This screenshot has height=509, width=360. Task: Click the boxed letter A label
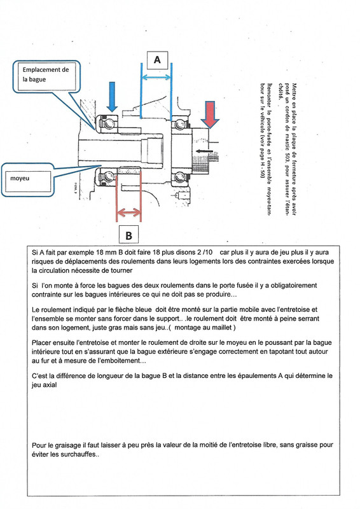pyautogui.click(x=157, y=60)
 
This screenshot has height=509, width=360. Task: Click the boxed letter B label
pyautogui.click(x=128, y=235)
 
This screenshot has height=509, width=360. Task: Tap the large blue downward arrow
pyautogui.click(x=112, y=97)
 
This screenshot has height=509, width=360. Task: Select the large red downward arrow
pyautogui.click(x=210, y=115)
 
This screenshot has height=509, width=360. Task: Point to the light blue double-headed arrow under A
pyautogui.click(x=156, y=77)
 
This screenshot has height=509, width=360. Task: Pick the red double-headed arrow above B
pyautogui.click(x=128, y=213)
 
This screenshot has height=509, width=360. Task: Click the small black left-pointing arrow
pyautogui.click(x=204, y=151)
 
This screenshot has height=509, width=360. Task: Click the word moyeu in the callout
pyautogui.click(x=20, y=178)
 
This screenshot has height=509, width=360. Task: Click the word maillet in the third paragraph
pyautogui.click(x=221, y=328)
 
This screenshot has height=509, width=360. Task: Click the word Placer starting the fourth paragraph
pyautogui.click(x=41, y=342)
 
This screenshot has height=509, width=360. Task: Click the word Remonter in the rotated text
pyautogui.click(x=269, y=95)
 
